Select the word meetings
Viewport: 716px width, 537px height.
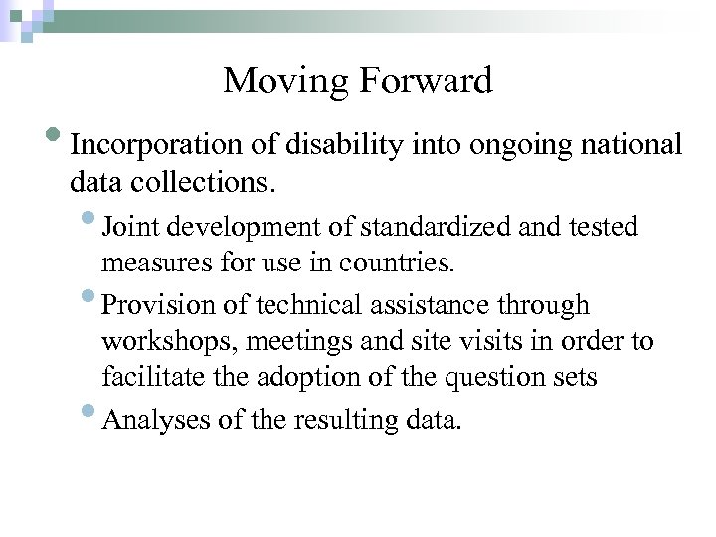pos(287,342)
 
